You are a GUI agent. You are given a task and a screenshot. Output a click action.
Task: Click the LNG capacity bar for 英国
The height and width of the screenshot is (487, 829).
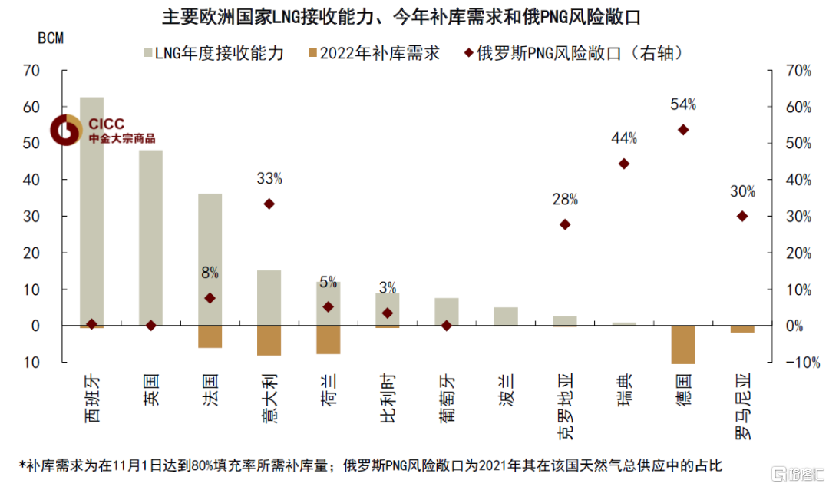tap(150, 237)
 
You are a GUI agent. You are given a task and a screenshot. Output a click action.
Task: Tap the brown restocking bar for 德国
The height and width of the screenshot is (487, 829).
tap(683, 344)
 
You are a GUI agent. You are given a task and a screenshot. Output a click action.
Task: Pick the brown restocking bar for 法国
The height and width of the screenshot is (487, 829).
tap(210, 336)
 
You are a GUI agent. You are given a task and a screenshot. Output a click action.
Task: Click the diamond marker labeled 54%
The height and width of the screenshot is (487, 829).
tap(683, 130)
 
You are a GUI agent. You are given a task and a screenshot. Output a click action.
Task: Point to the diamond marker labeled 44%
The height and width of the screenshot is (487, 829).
tap(624, 164)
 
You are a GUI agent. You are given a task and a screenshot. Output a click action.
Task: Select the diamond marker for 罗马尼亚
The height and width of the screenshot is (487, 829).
tap(742, 217)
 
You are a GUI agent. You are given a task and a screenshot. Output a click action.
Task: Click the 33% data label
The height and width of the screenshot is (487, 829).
tap(269, 179)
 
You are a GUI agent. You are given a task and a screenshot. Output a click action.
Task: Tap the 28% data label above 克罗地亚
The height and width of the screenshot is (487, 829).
tap(565, 200)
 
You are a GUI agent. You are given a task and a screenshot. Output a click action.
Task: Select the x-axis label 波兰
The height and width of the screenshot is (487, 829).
tap(506, 388)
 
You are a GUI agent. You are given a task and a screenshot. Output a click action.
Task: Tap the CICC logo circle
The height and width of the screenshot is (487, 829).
tap(67, 130)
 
